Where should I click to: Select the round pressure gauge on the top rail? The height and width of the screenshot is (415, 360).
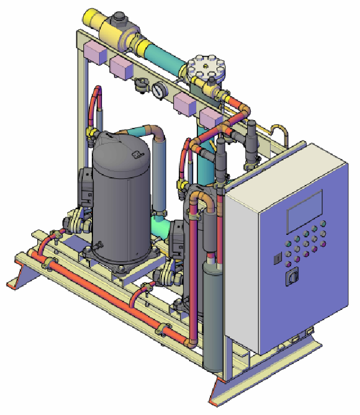pos(158,90)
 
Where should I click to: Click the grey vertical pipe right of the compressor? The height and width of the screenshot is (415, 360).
pos(159,174)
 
